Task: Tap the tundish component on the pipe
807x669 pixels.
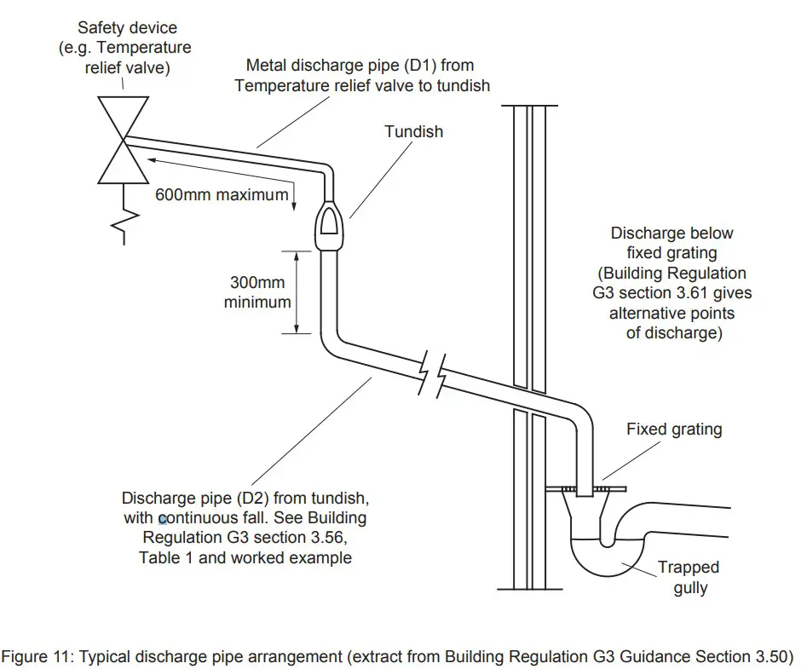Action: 329,227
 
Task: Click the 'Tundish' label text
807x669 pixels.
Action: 413,131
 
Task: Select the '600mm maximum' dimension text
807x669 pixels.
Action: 222,194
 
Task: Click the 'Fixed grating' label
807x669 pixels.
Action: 673,429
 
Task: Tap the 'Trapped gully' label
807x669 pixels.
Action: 688,577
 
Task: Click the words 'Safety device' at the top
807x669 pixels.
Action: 124,28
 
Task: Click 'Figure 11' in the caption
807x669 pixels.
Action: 41,656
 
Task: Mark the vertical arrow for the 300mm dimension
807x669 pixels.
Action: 297,291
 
